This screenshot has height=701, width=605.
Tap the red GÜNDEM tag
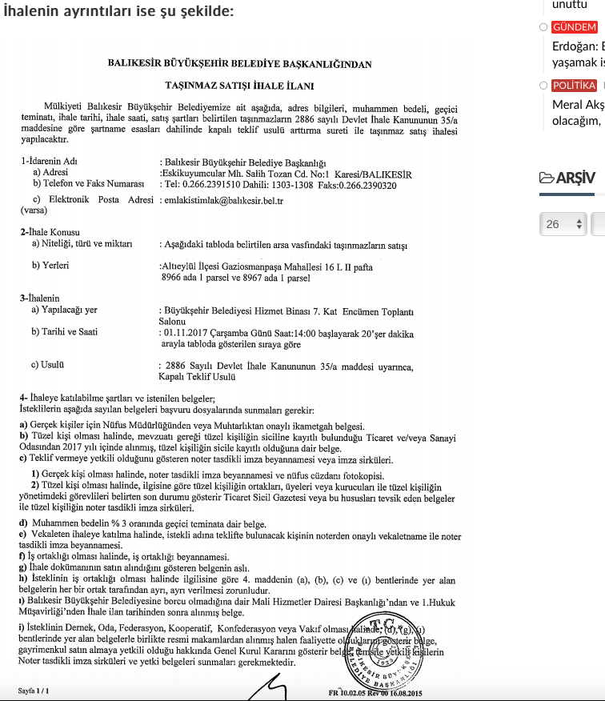click(574, 26)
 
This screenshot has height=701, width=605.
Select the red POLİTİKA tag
click(574, 85)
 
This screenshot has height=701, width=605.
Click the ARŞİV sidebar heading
click(567, 178)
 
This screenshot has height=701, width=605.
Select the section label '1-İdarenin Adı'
click(49, 161)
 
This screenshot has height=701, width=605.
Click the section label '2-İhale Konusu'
click(50, 232)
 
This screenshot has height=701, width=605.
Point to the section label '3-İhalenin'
click(40, 298)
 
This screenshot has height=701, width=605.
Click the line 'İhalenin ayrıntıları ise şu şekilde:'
click(118, 11)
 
